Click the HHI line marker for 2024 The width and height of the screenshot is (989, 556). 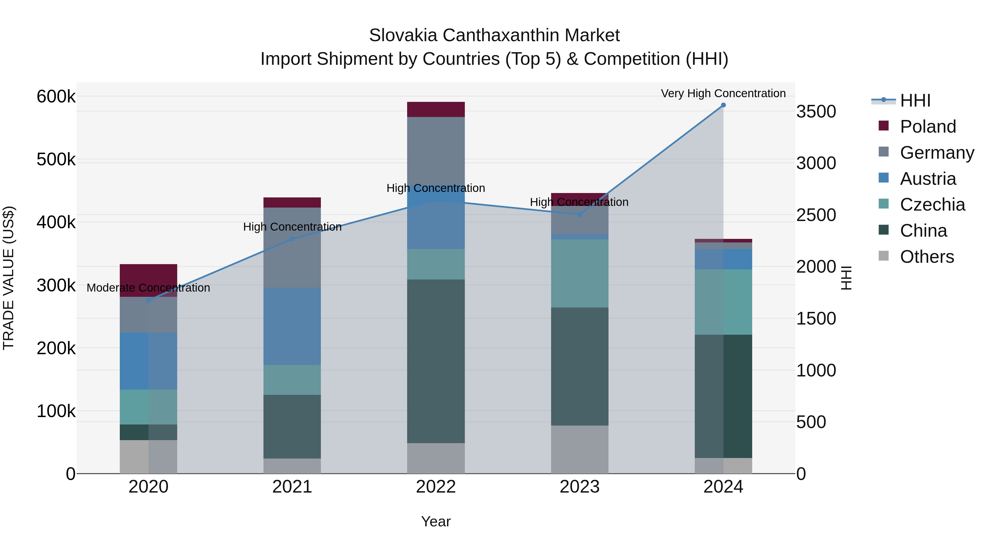click(723, 105)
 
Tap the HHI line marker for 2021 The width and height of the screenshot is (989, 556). click(292, 239)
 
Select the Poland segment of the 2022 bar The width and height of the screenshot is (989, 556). click(436, 109)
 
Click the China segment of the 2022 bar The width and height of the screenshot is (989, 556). click(436, 361)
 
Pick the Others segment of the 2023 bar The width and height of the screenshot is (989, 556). click(579, 449)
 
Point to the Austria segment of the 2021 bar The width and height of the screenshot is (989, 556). click(292, 326)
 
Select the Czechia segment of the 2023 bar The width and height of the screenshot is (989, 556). click(579, 273)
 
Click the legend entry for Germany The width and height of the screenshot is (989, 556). click(937, 153)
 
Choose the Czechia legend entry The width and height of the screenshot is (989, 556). click(932, 205)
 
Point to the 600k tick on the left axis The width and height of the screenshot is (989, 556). click(56, 97)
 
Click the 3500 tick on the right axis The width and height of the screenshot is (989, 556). click(816, 112)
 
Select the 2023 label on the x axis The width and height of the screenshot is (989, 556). click(579, 487)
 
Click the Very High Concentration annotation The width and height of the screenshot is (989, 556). click(723, 93)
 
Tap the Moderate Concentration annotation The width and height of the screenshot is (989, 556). click(148, 288)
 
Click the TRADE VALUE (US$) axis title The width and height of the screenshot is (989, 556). click(9, 278)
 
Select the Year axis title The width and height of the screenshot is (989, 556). click(436, 521)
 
